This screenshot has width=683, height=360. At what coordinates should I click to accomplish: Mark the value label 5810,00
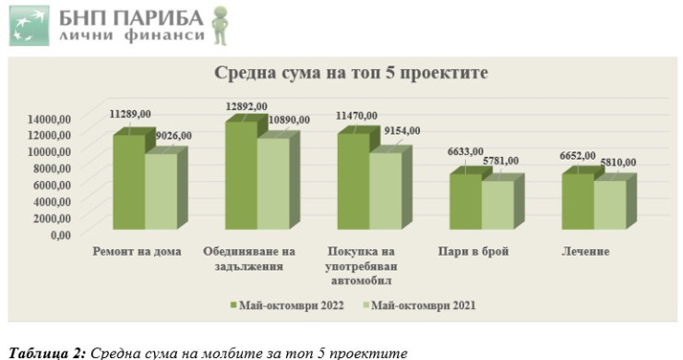613,162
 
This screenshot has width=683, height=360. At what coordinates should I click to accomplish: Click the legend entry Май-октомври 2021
425,305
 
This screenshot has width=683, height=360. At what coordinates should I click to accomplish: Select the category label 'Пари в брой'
480,250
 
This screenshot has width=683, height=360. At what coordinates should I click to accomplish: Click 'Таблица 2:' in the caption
47,351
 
